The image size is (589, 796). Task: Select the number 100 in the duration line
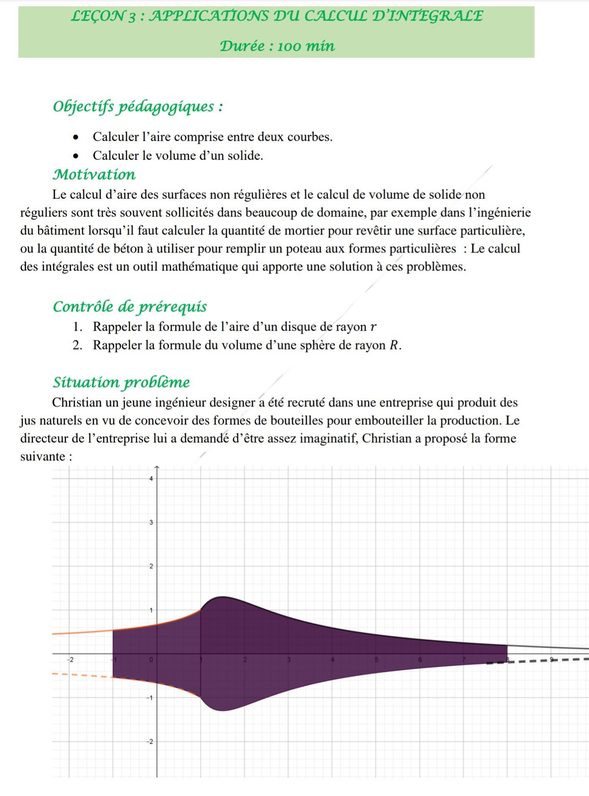(288, 46)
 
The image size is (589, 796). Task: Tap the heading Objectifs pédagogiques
(138, 107)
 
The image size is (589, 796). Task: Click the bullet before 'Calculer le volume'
(75, 156)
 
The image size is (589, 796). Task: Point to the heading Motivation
(94, 174)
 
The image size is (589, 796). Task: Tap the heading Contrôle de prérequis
(130, 306)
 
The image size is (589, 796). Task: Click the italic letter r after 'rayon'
(373, 327)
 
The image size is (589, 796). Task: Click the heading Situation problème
(121, 382)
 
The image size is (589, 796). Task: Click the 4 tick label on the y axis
(151, 479)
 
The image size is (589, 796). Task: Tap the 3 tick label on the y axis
(151, 523)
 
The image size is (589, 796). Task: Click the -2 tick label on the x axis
(71, 660)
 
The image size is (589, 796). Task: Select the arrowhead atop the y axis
(157, 467)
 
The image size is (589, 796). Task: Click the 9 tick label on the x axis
(551, 659)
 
